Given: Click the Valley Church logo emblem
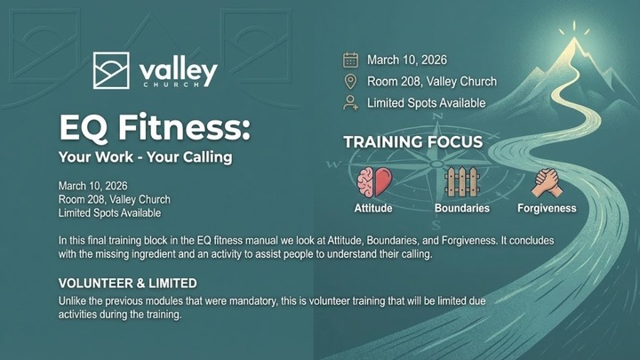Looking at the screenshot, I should [114, 70].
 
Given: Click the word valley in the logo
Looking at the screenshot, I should [178, 68].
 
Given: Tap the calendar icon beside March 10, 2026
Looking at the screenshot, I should [350, 60].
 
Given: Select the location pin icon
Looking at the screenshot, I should [350, 82].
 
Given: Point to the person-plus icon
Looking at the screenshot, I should [350, 103].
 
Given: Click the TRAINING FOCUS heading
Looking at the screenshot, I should [412, 142].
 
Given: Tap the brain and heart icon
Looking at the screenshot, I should [373, 182].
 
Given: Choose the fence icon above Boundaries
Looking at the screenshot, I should [461, 182].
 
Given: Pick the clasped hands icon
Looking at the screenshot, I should [546, 182].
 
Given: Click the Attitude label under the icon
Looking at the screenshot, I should [373, 209].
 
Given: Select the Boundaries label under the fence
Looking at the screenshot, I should [461, 209].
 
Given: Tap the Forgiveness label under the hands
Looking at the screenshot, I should [546, 209].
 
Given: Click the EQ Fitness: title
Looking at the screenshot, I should [154, 129].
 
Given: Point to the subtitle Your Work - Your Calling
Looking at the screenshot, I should [145, 158].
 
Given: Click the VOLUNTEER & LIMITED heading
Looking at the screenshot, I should [127, 284].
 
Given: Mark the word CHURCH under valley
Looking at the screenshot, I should [177, 85].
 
